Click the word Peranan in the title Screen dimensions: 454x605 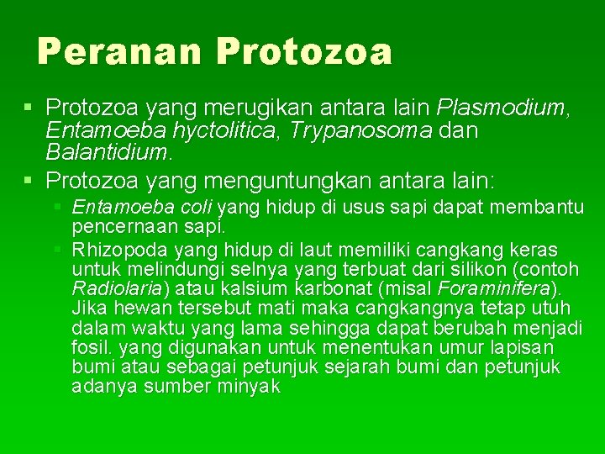coord(120,51)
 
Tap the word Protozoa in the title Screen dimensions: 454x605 coord(303,51)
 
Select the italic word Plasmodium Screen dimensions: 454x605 coord(501,108)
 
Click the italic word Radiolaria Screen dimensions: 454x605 coord(118,289)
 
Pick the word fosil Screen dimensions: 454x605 coord(92,347)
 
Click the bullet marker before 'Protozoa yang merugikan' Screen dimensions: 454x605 coord(29,108)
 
